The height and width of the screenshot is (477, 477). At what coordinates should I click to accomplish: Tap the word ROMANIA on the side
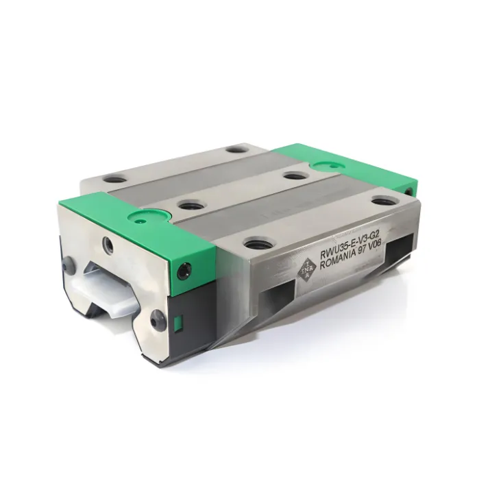pyautogui.click(x=337, y=258)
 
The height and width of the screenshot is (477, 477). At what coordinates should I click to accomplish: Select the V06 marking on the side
pyautogui.click(x=377, y=244)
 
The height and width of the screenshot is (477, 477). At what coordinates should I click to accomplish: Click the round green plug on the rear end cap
pyautogui.click(x=327, y=165)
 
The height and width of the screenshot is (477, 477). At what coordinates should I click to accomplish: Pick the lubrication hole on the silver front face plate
pyautogui.click(x=108, y=243)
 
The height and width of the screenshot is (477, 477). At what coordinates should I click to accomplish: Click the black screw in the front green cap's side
pyautogui.click(x=184, y=269)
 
